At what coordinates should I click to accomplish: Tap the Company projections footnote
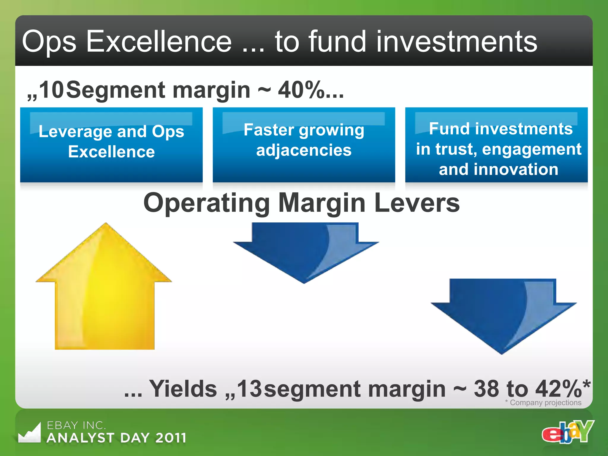pos(543,403)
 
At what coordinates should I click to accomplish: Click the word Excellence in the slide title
pos(159,42)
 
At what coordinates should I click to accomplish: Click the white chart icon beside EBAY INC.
pos(29,433)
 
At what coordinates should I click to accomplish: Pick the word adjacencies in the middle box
pos(304,150)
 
